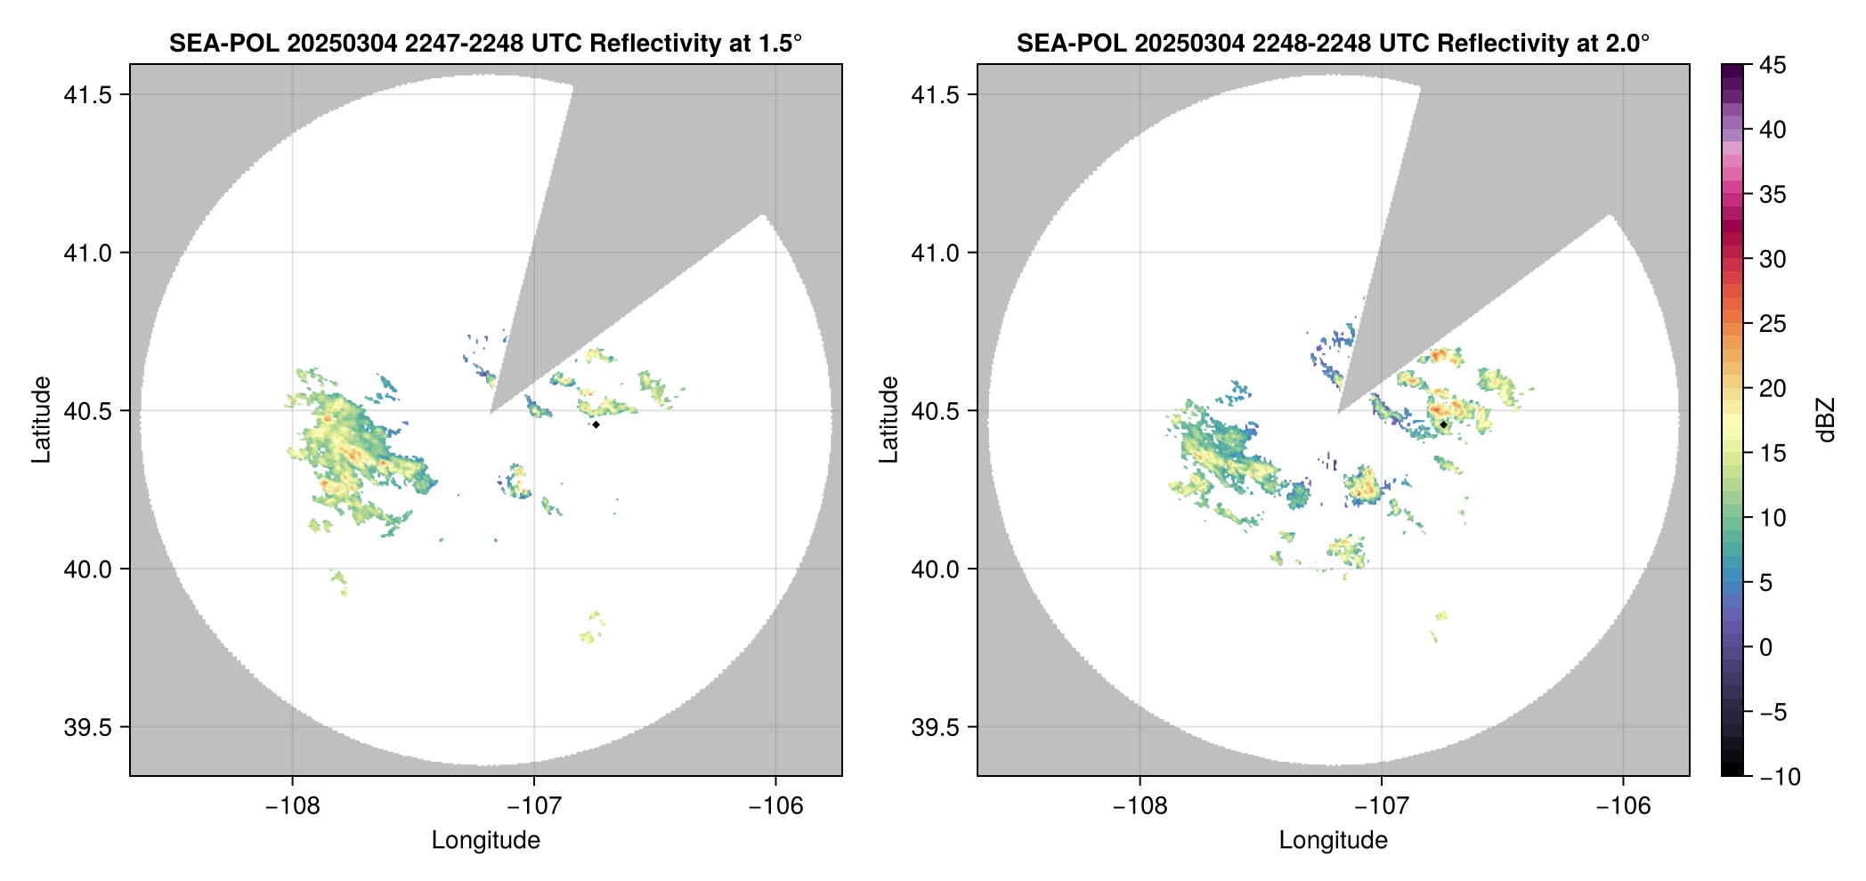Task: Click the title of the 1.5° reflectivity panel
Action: pyautogui.click(x=485, y=43)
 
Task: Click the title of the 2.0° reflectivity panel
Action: pyautogui.click(x=1333, y=43)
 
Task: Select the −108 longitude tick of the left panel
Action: pyautogui.click(x=292, y=806)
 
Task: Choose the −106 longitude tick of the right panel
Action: pyautogui.click(x=1623, y=806)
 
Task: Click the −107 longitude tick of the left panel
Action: pyautogui.click(x=534, y=806)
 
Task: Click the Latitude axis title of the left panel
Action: pyautogui.click(x=41, y=419)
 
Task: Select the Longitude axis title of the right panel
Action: pyautogui.click(x=1333, y=840)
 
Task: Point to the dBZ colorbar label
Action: pyautogui.click(x=1826, y=419)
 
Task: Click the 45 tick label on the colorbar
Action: pyautogui.click(x=1773, y=65)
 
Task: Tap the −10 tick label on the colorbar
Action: pyautogui.click(x=1781, y=777)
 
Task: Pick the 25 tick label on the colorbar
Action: pyautogui.click(x=1773, y=324)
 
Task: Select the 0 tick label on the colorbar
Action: pyautogui.click(x=1766, y=648)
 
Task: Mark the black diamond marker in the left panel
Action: pyautogui.click(x=596, y=424)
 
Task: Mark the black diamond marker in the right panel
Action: pyautogui.click(x=1443, y=424)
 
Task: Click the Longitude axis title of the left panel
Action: pyautogui.click(x=485, y=840)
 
